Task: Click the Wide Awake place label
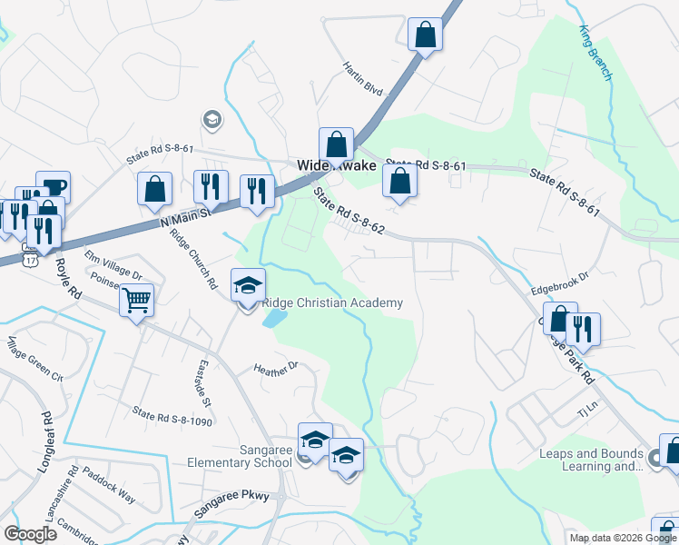[336, 166]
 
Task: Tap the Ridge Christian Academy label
[332, 303]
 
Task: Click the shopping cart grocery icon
[136, 298]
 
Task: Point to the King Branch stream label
[595, 53]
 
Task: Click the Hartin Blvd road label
[363, 78]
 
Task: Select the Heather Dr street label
[276, 369]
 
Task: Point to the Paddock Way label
[108, 486]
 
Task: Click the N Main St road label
[184, 216]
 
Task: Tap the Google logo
[31, 533]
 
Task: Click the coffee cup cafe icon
[53, 186]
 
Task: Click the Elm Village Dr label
[113, 264]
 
